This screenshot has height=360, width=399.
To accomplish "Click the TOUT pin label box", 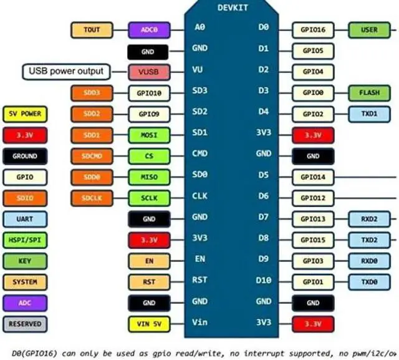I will point(92,29).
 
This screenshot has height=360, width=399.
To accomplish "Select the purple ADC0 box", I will point(149,29).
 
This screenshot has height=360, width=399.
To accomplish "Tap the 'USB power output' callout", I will point(65,71).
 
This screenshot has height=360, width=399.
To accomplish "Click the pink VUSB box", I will point(149,72).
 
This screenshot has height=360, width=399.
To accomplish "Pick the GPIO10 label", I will point(149,94).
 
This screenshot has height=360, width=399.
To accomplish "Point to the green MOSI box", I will point(149,135).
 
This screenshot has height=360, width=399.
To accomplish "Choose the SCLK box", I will point(149,198).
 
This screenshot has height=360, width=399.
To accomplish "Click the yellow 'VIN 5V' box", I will point(149,324).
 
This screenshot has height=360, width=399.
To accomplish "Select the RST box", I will point(149,282).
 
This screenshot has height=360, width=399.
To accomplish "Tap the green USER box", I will point(369,29).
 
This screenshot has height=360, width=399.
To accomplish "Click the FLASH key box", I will point(369,93).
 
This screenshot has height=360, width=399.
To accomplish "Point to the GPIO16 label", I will point(313,29).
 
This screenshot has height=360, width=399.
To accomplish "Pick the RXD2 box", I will point(369,219).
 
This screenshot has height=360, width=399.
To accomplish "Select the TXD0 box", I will point(369,282).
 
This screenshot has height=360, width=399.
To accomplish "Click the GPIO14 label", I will point(313,177).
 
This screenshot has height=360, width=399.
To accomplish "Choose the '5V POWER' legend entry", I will point(24,114).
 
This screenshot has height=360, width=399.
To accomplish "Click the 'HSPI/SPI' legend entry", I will point(24,240).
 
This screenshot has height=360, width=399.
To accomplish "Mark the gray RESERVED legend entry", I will point(24,324).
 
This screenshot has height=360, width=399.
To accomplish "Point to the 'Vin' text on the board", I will point(199,322).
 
